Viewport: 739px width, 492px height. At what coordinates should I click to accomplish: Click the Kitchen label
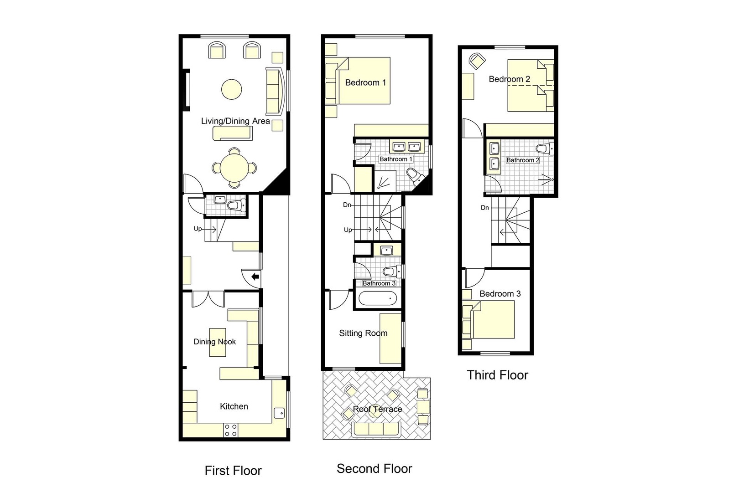coord(234,406)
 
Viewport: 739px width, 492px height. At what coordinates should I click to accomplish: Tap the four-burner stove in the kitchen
coord(231,430)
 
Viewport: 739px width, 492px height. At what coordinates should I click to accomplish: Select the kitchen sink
coord(279,413)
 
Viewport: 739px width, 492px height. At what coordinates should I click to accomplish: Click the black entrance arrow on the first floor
coord(255,276)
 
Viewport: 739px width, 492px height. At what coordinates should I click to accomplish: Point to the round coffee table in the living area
coord(232,89)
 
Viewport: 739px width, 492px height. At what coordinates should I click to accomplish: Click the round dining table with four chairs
coord(234,168)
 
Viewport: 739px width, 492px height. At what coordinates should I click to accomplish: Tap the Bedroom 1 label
coord(365,82)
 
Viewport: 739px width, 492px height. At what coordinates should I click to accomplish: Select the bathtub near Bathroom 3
coord(378,299)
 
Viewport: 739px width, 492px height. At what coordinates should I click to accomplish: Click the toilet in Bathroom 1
coord(413,175)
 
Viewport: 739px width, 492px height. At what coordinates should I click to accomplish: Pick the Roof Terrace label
coord(377,409)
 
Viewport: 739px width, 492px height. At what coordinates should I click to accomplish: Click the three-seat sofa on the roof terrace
coord(377,429)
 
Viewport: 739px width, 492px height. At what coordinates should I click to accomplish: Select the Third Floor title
coord(497,375)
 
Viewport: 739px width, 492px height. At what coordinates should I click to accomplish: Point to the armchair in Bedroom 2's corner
coord(477,61)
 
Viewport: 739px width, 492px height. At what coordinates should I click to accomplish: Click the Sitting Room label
coord(363,333)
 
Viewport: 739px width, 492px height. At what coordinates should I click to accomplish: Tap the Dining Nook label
coord(214,342)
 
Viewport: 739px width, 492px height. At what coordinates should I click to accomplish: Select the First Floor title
coord(233,471)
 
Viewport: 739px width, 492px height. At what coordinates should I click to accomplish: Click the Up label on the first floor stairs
coord(198,229)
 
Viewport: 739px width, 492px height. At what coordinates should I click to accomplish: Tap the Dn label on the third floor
coord(484,208)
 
